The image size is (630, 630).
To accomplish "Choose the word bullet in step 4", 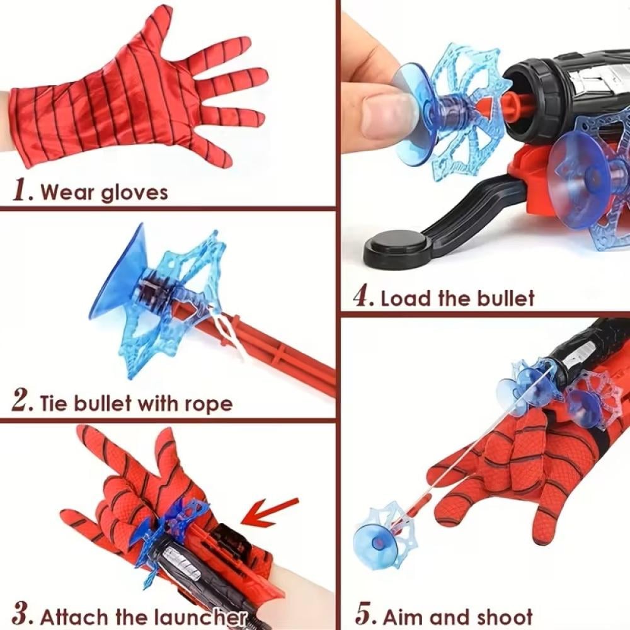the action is click(x=506, y=298).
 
